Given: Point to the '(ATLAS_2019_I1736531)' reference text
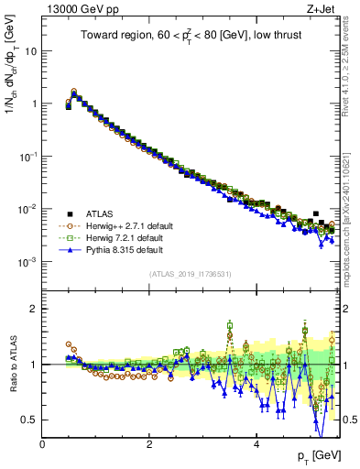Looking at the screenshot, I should (191, 274).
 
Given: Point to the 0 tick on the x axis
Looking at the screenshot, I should (43, 444).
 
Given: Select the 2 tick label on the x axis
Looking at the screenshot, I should (149, 444).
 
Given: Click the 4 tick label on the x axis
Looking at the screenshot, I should (256, 444).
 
